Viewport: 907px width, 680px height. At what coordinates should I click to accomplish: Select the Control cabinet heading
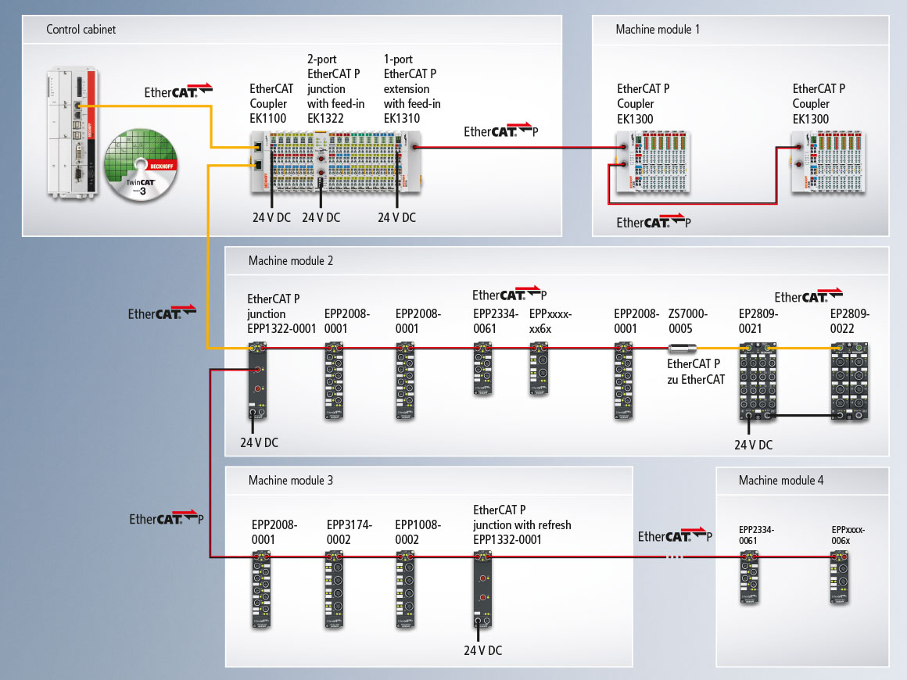pyautogui.click(x=81, y=30)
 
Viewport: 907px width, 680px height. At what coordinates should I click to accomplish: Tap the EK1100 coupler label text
pyautogui.click(x=268, y=103)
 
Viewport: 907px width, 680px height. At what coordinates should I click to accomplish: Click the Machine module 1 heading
pyautogui.click(x=658, y=30)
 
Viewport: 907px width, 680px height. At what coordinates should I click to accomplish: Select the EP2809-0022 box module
pyautogui.click(x=849, y=381)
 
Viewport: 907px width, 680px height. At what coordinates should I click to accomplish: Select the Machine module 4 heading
pyautogui.click(x=780, y=480)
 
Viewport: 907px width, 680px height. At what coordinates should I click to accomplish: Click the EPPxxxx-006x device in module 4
pyautogui.click(x=841, y=578)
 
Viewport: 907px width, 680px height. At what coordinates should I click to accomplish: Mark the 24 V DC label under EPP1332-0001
pyautogui.click(x=482, y=650)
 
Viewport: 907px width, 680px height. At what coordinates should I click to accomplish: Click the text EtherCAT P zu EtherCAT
pyautogui.click(x=696, y=371)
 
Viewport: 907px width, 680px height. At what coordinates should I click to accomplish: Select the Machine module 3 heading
pyautogui.click(x=290, y=480)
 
